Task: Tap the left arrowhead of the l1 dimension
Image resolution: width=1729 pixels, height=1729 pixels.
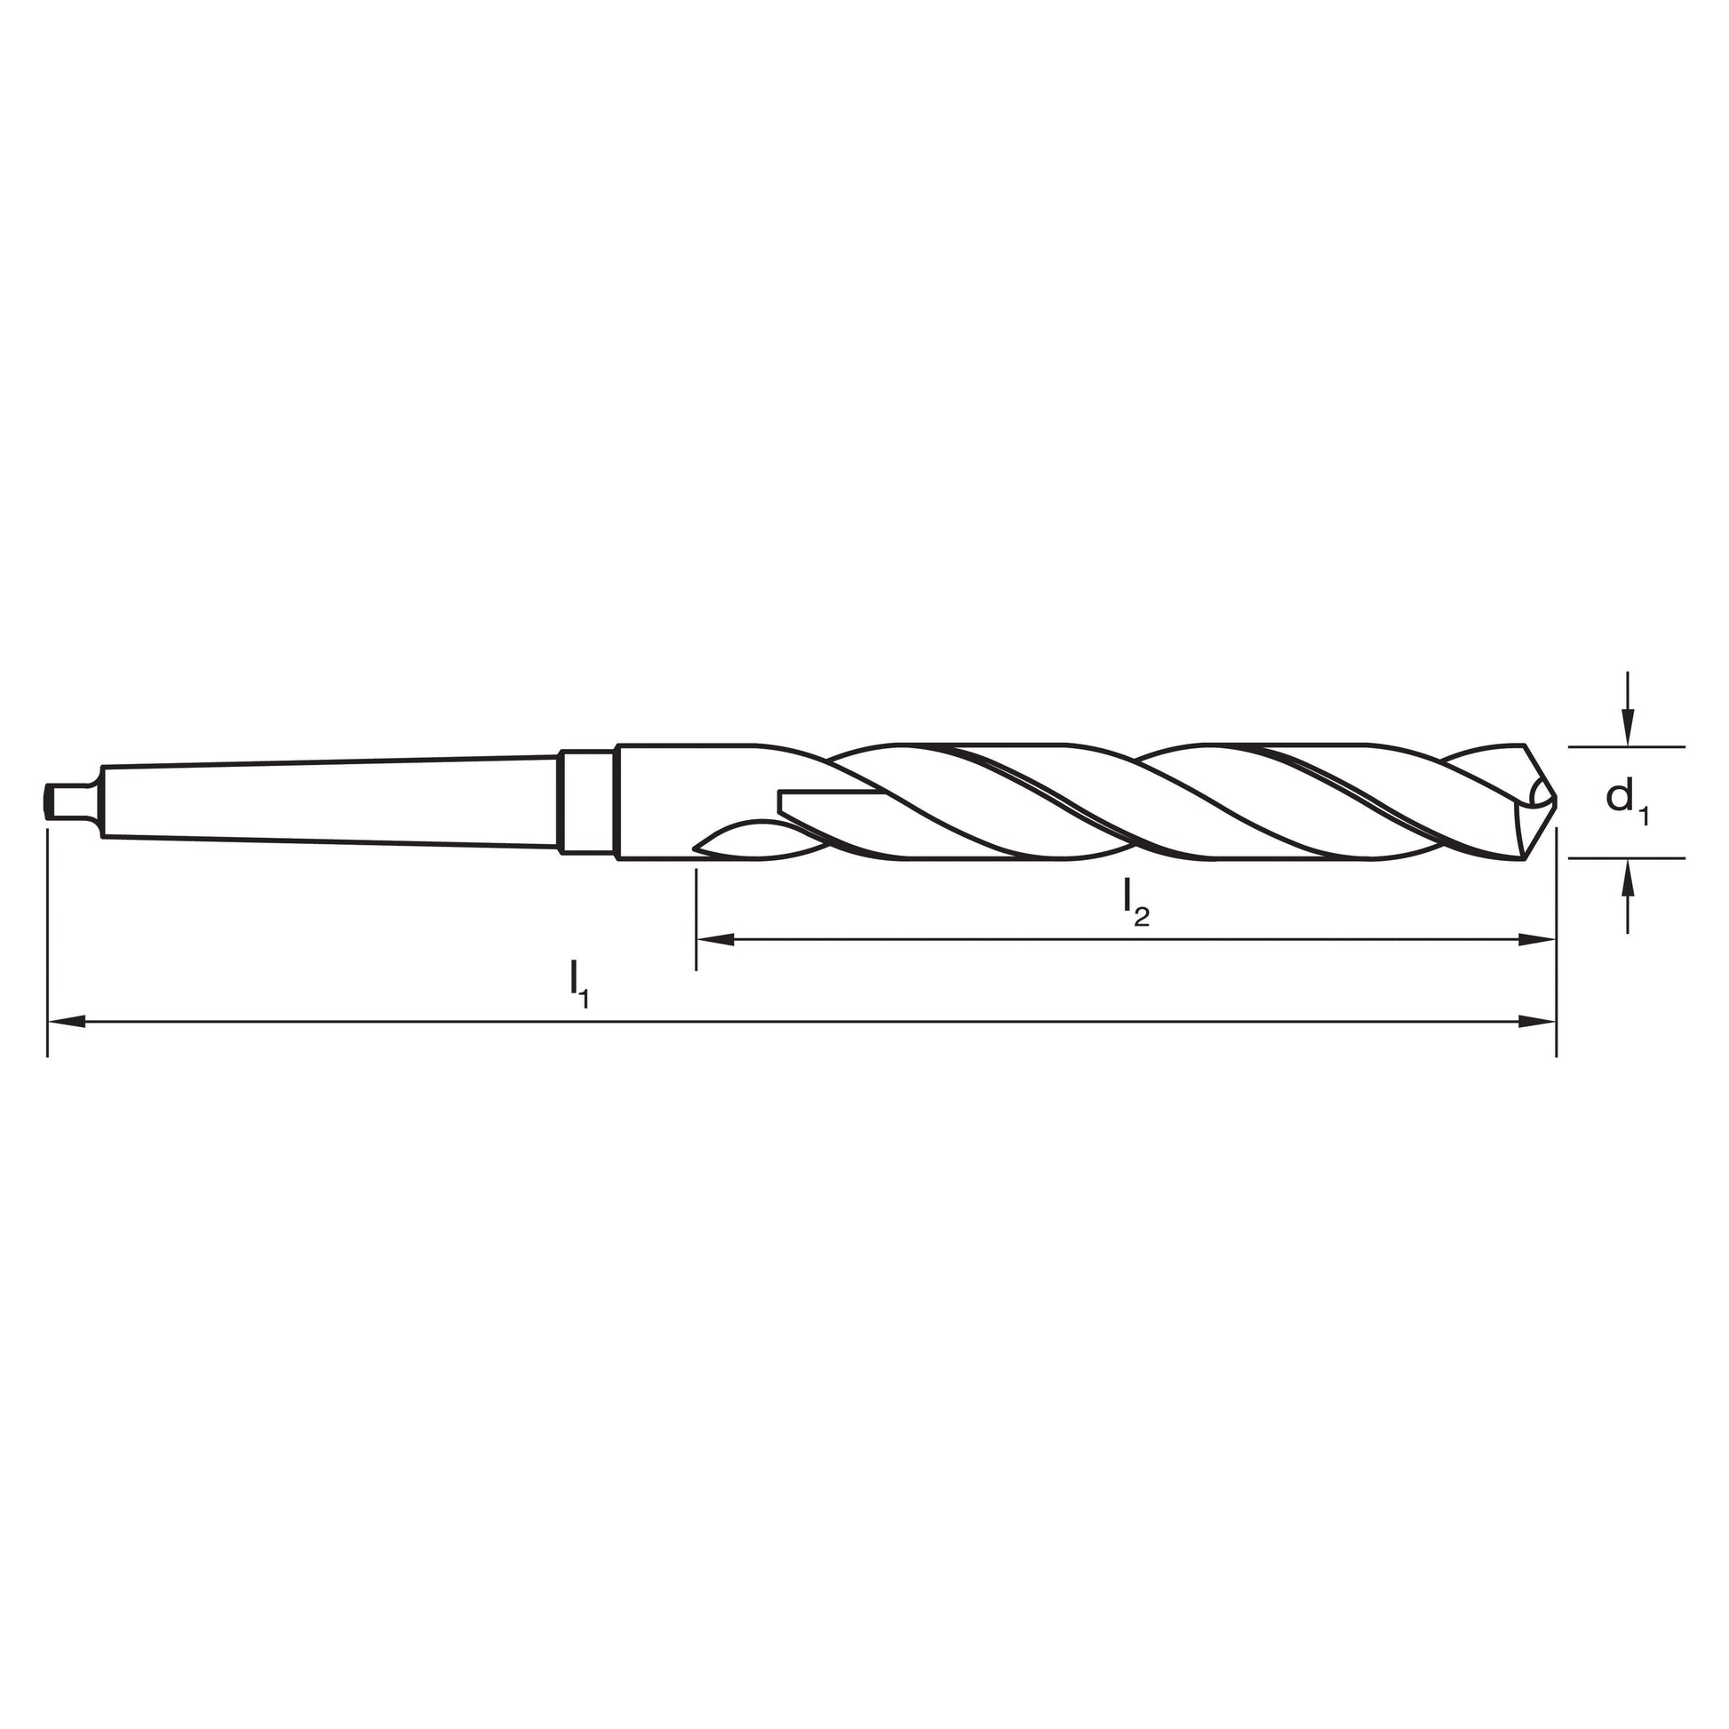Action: coord(67,1021)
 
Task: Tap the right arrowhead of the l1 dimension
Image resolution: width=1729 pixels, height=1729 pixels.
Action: coord(1537,1021)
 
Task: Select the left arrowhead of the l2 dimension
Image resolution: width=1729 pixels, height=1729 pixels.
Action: coord(715,940)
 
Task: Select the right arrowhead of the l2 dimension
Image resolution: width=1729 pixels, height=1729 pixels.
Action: coord(1537,940)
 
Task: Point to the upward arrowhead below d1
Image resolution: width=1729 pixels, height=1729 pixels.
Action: coord(1628,878)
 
